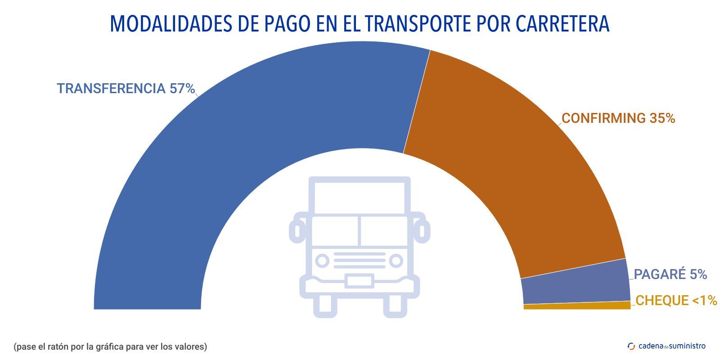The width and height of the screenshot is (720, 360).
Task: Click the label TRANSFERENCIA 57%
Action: tap(126, 89)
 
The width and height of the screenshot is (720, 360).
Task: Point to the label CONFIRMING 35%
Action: tap(618, 118)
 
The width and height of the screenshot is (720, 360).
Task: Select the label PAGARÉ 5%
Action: tap(670, 274)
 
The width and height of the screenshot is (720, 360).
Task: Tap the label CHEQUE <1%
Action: tap(676, 301)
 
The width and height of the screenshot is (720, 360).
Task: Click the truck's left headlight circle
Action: tap(322, 261)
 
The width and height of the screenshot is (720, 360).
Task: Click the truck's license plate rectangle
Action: tap(359, 281)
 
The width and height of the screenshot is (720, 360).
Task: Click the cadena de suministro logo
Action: tap(666, 346)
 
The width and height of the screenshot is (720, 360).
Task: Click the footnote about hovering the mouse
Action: tap(110, 347)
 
